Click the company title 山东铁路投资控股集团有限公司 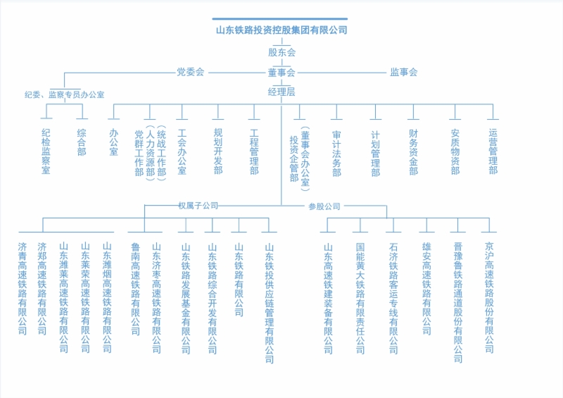(x=281, y=30)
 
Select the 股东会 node (x=282, y=53)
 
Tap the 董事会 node (x=281, y=73)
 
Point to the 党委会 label (x=190, y=72)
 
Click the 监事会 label (x=403, y=73)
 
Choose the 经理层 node (x=281, y=92)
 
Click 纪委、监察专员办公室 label (x=64, y=94)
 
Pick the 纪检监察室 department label (x=46, y=151)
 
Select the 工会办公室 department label (x=182, y=151)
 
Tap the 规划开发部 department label (x=218, y=151)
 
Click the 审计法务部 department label (x=336, y=154)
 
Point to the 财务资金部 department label (x=413, y=152)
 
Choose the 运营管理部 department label (x=493, y=151)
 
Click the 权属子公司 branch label (x=198, y=206)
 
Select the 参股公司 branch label (x=324, y=206)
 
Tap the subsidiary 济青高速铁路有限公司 (x=23, y=288)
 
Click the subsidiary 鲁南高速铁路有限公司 (x=135, y=289)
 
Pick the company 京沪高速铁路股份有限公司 (x=489, y=298)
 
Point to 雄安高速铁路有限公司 (x=426, y=288)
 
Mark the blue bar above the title (x=279, y=19)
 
